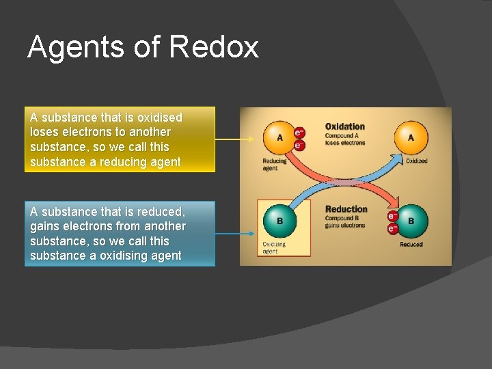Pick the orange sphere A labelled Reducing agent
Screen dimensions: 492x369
279,137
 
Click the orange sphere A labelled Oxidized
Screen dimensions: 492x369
411,137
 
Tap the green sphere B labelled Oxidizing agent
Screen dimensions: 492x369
279,221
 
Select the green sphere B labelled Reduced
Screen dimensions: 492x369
410,221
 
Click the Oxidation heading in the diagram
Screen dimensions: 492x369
345,126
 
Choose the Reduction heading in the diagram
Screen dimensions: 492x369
346,209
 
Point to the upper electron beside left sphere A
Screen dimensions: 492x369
299,133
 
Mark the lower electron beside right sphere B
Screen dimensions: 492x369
392,228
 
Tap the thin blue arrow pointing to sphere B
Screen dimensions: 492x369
238,234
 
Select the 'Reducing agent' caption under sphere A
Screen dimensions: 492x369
275,165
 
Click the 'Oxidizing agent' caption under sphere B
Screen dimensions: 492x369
275,247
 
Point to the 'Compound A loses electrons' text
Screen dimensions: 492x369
345,139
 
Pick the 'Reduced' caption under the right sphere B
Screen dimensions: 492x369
411,244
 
